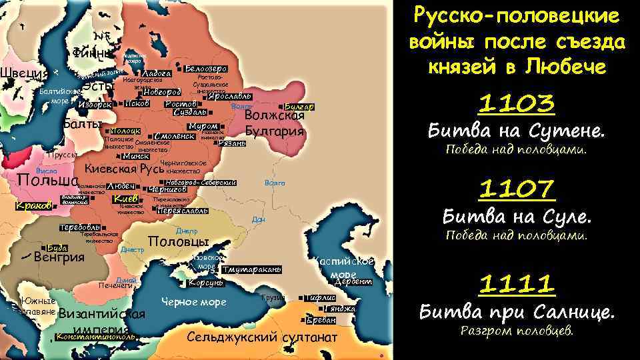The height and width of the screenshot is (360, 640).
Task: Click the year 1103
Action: (x=517, y=104)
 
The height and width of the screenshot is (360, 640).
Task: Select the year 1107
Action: (x=517, y=189)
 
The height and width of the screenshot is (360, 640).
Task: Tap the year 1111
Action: (x=517, y=285)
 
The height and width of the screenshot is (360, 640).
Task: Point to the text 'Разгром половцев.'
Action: (x=517, y=331)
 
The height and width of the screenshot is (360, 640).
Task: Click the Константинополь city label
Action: (x=97, y=337)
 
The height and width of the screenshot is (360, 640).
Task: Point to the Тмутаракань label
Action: (x=252, y=269)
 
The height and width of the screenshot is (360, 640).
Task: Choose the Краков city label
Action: (x=33, y=205)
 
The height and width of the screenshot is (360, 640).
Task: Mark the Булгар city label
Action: (x=299, y=107)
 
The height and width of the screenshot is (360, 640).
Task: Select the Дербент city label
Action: (x=353, y=282)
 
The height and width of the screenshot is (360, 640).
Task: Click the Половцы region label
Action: (x=178, y=241)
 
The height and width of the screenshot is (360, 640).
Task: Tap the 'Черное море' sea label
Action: (x=194, y=302)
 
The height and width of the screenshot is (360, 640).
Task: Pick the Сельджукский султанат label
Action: (x=262, y=337)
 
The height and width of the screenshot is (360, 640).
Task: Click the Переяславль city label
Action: (x=182, y=211)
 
